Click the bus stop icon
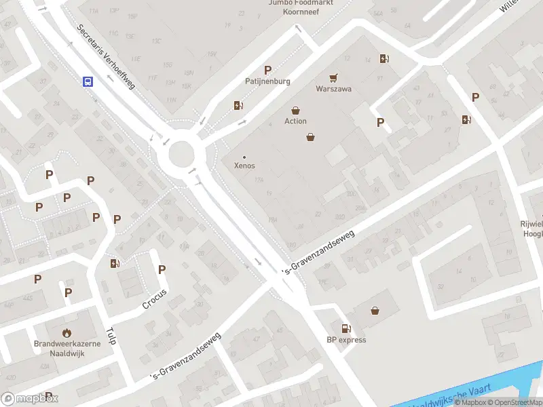pyautogui.click(x=88, y=82)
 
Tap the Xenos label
pyautogui.click(x=244, y=165)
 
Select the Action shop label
pyautogui.click(x=295, y=121)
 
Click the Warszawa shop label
pyautogui.click(x=333, y=89)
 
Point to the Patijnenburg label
pyautogui.click(x=267, y=81)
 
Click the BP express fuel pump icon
pyautogui.click(x=346, y=328)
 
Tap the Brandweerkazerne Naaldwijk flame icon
pyautogui.click(x=67, y=332)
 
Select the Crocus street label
pyautogui.click(x=155, y=299)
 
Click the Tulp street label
pyautogui.click(x=111, y=335)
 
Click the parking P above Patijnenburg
pyautogui.click(x=268, y=70)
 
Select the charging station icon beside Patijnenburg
pyautogui.click(x=238, y=105)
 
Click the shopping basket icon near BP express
pyautogui.click(x=375, y=311)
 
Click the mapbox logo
pyautogui.click(x=30, y=398)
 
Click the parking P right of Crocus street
pyautogui.click(x=162, y=269)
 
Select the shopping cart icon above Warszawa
pyautogui.click(x=333, y=78)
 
